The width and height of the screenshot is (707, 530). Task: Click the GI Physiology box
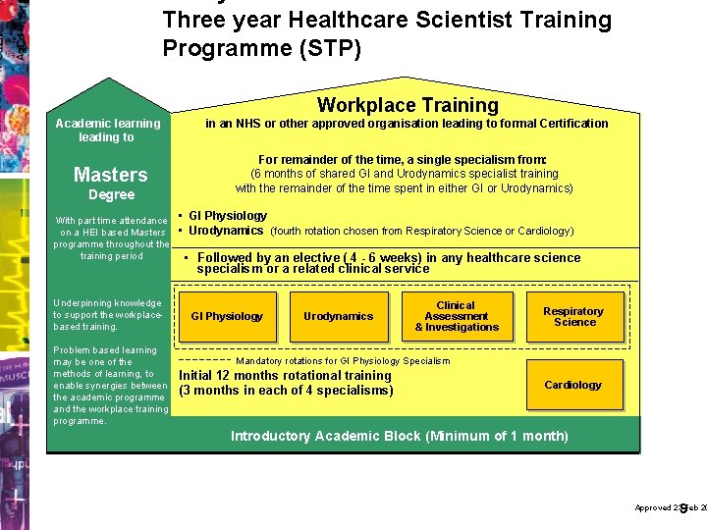227,317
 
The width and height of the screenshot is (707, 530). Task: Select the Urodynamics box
339,317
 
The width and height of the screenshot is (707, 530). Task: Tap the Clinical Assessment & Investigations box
456,317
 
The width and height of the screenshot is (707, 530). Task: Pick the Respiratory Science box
574,317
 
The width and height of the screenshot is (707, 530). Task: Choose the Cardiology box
573,385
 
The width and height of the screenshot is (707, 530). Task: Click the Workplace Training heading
408,105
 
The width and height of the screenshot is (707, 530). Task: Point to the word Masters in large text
110,175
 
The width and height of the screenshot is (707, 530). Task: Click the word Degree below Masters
111,194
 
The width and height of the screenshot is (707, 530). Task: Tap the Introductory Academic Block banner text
399,436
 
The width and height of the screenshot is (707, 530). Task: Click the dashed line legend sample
203,359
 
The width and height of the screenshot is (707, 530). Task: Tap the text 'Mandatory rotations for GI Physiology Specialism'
343,361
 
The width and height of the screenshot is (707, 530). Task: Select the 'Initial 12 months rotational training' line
285,376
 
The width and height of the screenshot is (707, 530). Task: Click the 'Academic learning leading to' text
108,131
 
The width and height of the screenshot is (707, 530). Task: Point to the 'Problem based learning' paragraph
110,386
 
